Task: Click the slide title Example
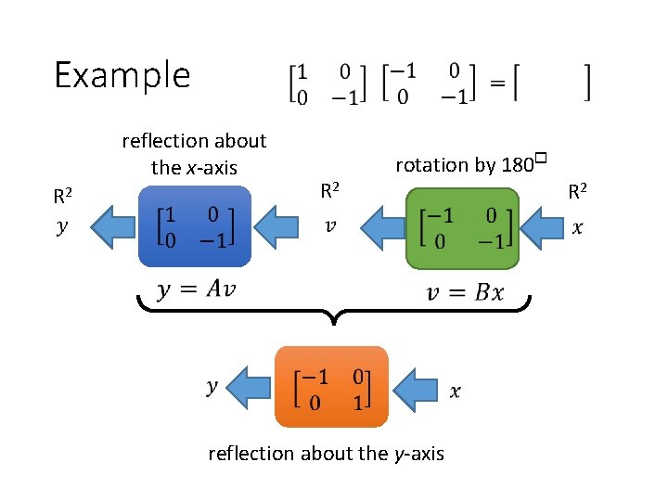click(x=122, y=74)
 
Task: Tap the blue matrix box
click(x=194, y=227)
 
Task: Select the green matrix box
click(x=461, y=227)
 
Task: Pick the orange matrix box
click(x=331, y=388)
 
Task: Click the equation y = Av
click(x=196, y=289)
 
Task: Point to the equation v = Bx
click(x=465, y=292)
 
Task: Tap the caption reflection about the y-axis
click(x=326, y=454)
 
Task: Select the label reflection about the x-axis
click(x=194, y=154)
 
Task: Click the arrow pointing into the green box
click(x=543, y=227)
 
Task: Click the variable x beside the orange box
click(x=455, y=392)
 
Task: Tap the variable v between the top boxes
click(x=329, y=225)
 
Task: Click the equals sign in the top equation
click(x=497, y=83)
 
